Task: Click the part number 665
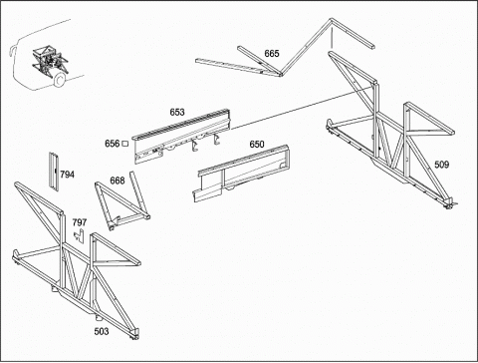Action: [x=272, y=54]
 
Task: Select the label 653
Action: [x=177, y=112]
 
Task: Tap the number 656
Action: [x=112, y=144]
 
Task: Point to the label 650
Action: [x=257, y=145]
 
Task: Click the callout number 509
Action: [x=441, y=165]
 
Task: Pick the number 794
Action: [x=67, y=175]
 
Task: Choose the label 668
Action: [x=118, y=181]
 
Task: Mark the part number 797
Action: [x=80, y=222]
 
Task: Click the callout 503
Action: [x=102, y=331]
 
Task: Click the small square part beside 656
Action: [x=125, y=144]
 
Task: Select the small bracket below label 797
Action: [x=79, y=236]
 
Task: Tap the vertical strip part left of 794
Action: [x=54, y=172]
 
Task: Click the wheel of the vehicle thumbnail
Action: [x=59, y=80]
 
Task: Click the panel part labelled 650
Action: [x=241, y=173]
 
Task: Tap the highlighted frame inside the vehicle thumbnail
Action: [x=50, y=62]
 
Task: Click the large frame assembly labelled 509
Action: [x=391, y=133]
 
